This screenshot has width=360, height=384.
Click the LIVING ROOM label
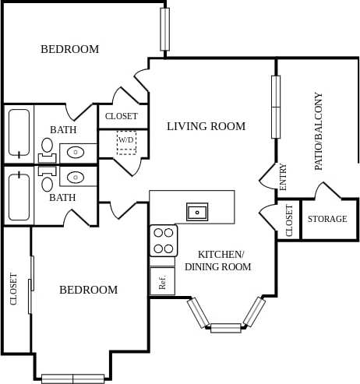[x=206, y=126]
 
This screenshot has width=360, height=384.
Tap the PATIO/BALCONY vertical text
[x=319, y=132]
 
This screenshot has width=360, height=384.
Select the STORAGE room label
[x=327, y=220]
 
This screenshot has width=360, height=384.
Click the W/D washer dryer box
[x=126, y=142]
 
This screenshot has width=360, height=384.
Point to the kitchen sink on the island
[x=197, y=210]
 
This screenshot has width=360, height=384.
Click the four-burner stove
[x=164, y=241]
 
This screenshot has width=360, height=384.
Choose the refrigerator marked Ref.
[x=162, y=282]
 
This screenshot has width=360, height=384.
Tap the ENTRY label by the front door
[x=283, y=177]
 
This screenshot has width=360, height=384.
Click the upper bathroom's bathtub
[x=19, y=133]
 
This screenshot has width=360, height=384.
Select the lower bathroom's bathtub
[x=19, y=197]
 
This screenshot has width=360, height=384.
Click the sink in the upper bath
[x=76, y=152]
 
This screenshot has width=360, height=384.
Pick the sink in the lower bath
[x=76, y=178]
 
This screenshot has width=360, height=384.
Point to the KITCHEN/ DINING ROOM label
[x=217, y=261]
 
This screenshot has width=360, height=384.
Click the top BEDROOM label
[x=69, y=50]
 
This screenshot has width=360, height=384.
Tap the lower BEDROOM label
[x=89, y=290]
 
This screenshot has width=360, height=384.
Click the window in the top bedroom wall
[x=164, y=29]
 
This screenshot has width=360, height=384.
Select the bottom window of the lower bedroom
[x=72, y=379]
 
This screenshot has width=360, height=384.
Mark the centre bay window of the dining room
[x=225, y=328]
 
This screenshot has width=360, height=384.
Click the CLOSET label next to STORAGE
[x=289, y=220]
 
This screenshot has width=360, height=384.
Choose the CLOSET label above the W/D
[x=122, y=117]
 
